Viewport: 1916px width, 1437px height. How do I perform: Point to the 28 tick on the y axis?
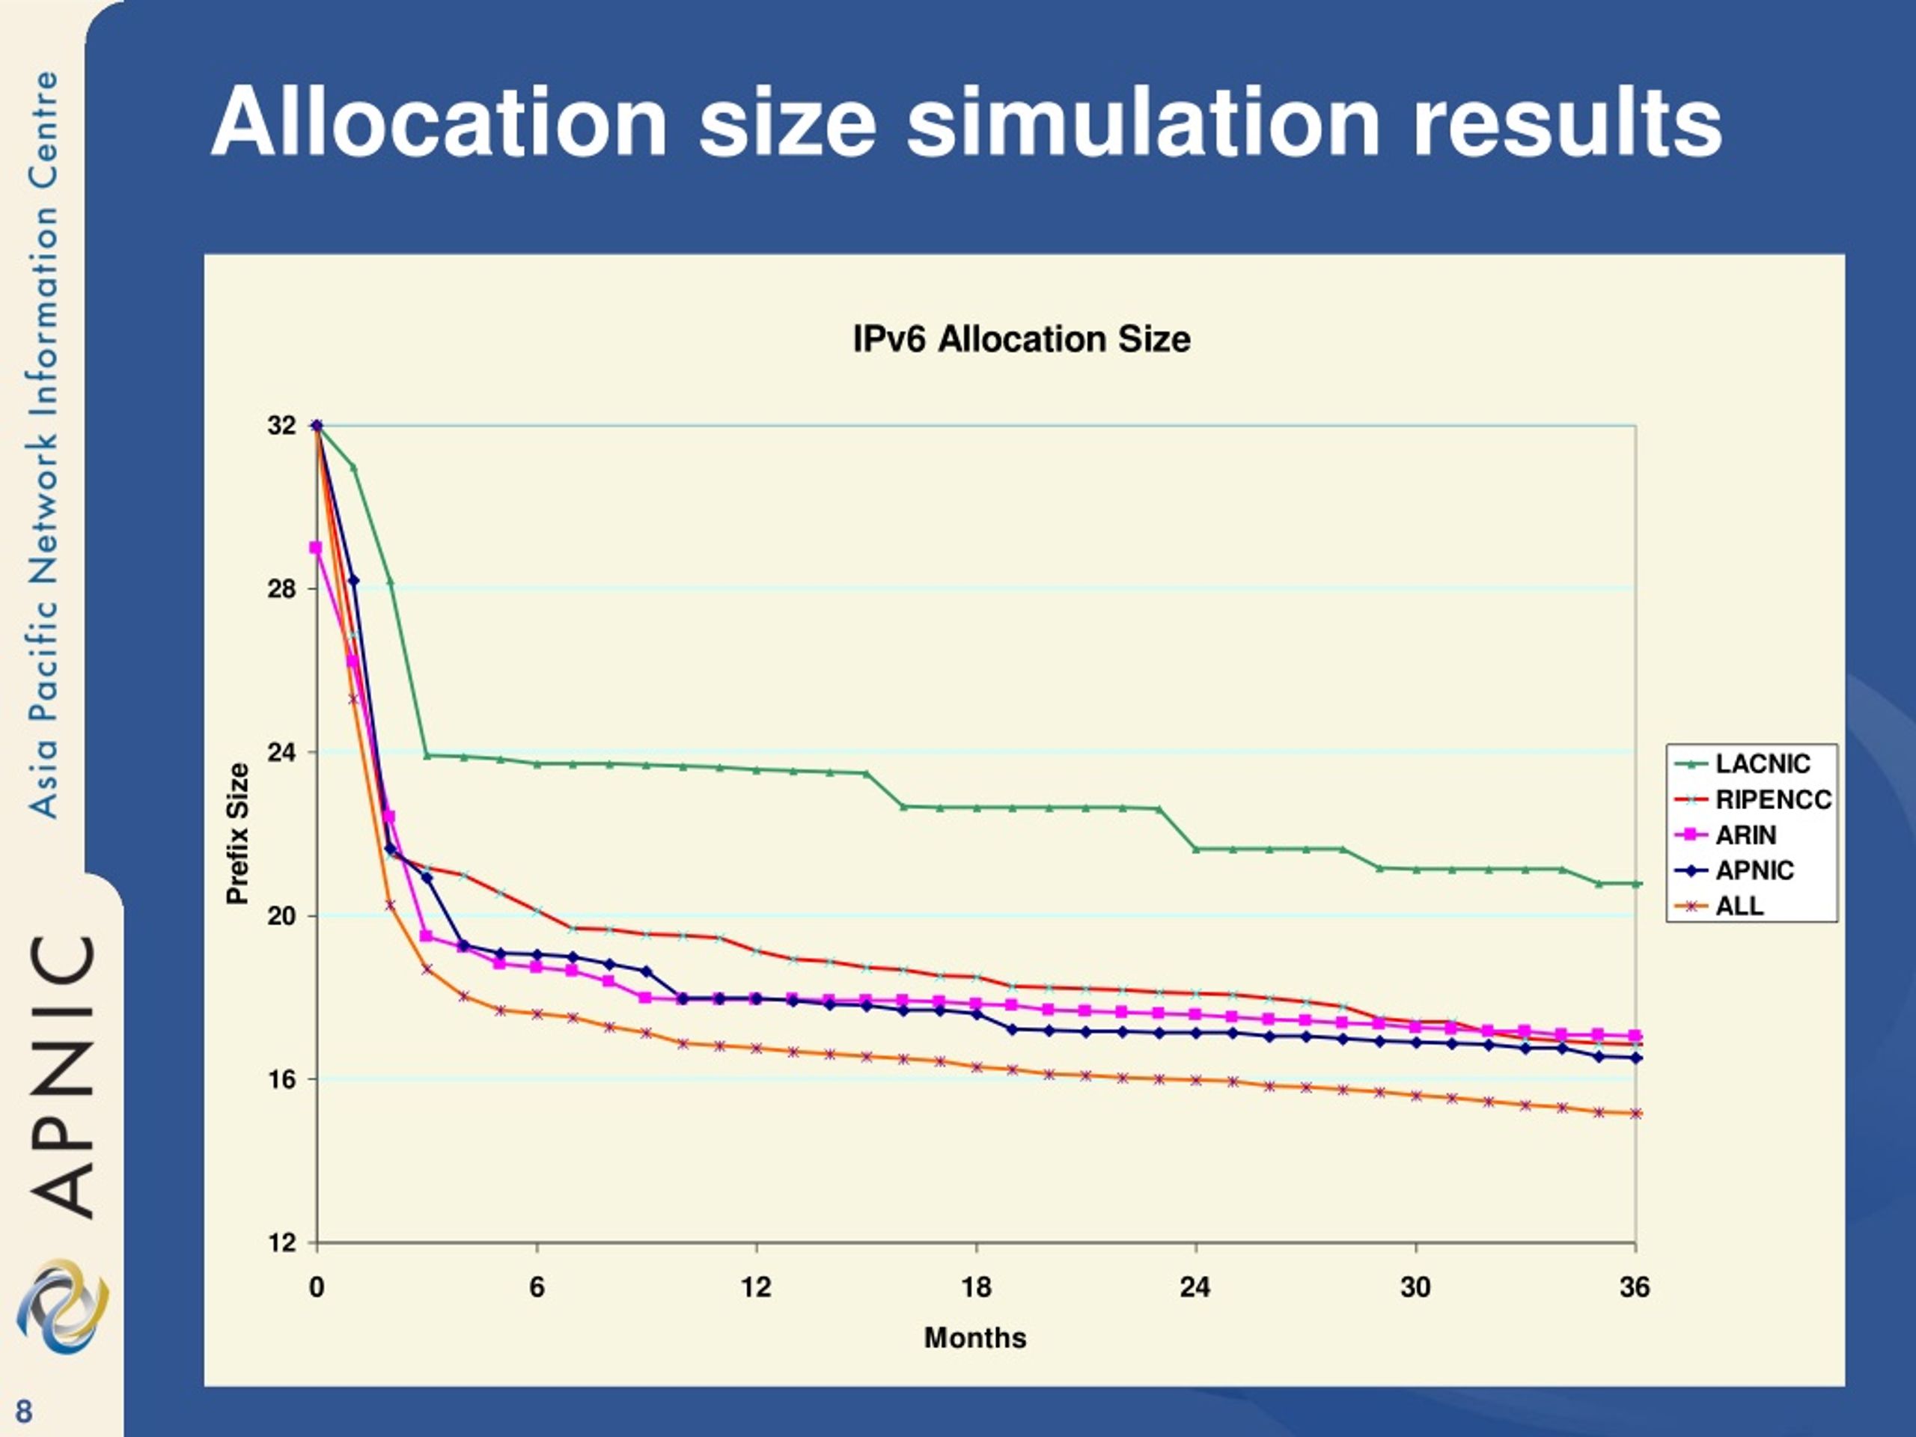point(282,589)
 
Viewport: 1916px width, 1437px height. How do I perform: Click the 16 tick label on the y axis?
point(282,1079)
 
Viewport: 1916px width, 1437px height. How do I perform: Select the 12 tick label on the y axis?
point(282,1243)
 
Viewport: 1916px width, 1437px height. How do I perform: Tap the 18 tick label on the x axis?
point(976,1288)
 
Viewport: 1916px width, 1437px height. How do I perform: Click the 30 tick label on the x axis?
point(1415,1288)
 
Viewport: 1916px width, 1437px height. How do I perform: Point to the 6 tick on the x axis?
point(537,1288)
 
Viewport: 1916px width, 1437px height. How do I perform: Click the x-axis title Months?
point(975,1338)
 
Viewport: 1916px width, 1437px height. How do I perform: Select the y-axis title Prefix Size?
point(237,833)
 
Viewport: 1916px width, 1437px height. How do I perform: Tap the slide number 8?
point(23,1411)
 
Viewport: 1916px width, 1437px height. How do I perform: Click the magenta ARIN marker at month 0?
point(316,547)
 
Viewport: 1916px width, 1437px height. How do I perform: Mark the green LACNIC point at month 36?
point(1636,883)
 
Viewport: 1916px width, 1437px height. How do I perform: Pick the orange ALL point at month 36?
point(1636,1114)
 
